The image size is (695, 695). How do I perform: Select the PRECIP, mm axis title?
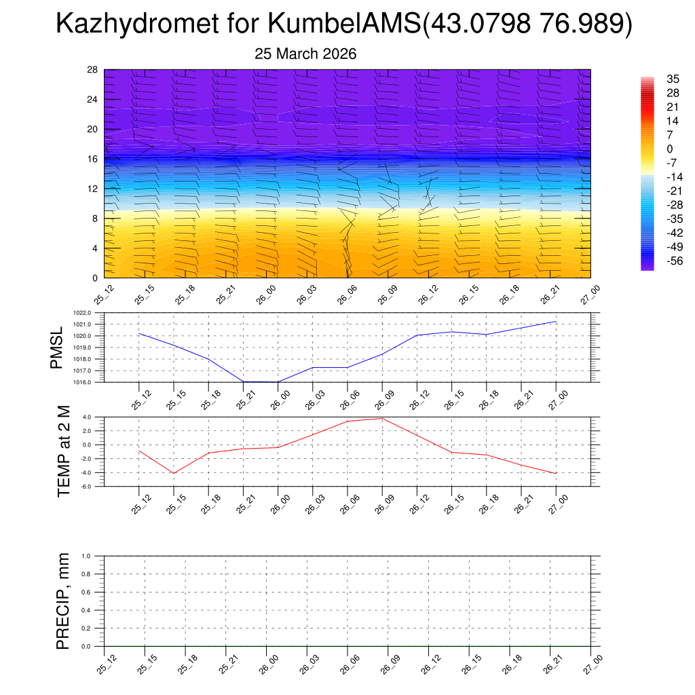point(63,601)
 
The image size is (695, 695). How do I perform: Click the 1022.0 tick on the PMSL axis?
point(88,313)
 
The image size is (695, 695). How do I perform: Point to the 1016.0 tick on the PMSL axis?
point(88,382)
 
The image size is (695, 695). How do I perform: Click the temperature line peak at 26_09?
point(382,418)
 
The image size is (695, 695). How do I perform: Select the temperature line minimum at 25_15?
point(174,473)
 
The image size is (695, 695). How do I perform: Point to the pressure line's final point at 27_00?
point(556,322)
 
